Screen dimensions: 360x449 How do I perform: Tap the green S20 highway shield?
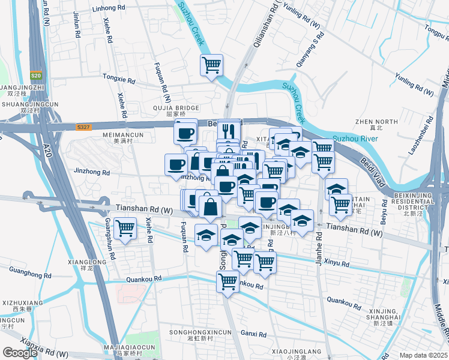click(37, 76)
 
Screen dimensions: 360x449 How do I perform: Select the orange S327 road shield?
click(83, 127)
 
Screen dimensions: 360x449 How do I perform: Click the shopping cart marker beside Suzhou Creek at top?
click(211, 64)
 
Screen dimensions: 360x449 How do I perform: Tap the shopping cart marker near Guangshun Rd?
click(125, 228)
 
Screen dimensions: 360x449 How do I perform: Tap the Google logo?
click(20, 353)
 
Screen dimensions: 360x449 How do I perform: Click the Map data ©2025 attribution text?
click(423, 355)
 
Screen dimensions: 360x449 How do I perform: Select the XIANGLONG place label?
click(87, 262)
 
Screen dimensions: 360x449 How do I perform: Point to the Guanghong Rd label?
click(28, 272)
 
